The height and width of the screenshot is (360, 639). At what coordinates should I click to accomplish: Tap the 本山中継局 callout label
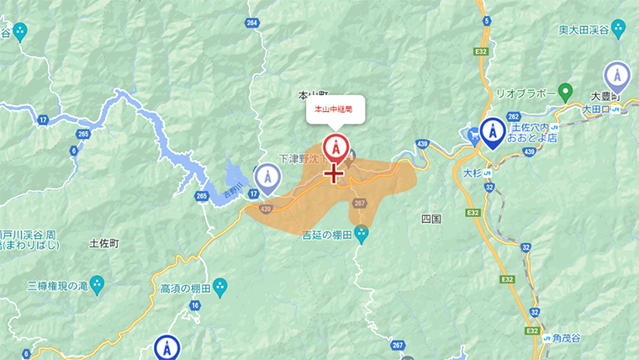[335, 110]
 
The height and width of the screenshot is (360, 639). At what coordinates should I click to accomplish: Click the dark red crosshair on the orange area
[335, 173]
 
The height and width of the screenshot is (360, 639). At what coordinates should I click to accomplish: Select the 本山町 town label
[311, 96]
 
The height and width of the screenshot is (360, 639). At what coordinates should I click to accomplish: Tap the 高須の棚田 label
[184, 289]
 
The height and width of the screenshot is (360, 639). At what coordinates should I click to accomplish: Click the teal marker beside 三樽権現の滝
[97, 284]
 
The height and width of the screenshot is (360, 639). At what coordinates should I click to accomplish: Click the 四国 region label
[430, 219]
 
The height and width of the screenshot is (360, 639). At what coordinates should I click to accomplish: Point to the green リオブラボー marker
[566, 91]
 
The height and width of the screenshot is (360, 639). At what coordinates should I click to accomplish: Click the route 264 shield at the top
[253, 23]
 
